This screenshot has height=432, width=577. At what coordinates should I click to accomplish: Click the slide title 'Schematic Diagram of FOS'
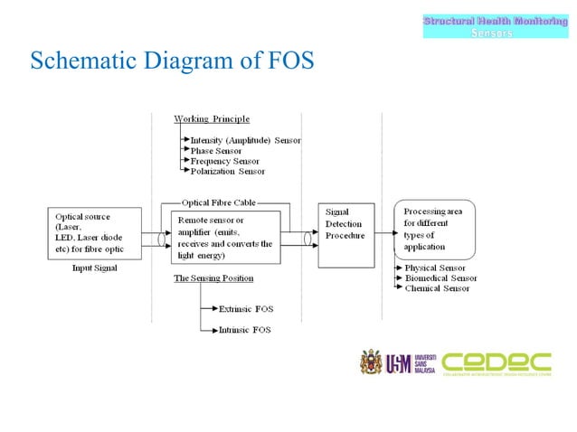[x=172, y=62]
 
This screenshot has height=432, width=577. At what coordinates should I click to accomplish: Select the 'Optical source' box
[x=95, y=233]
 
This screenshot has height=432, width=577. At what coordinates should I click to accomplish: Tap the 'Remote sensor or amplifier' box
[x=223, y=237]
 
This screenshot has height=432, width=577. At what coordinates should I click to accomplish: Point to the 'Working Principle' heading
[x=212, y=119]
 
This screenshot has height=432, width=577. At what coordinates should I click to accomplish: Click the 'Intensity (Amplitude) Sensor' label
[x=245, y=141]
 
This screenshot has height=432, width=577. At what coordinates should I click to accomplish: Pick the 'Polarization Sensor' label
[x=228, y=171]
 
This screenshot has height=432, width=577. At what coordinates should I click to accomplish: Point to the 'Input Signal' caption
[x=95, y=268]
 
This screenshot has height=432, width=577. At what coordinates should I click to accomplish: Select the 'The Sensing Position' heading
[x=213, y=278]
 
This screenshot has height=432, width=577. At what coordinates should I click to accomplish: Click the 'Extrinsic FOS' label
[x=245, y=309]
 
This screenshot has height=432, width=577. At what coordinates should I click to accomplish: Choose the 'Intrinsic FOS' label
[x=244, y=330]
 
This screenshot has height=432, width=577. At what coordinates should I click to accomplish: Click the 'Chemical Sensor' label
[x=438, y=288]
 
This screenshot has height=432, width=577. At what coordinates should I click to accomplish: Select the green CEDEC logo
[x=497, y=363]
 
